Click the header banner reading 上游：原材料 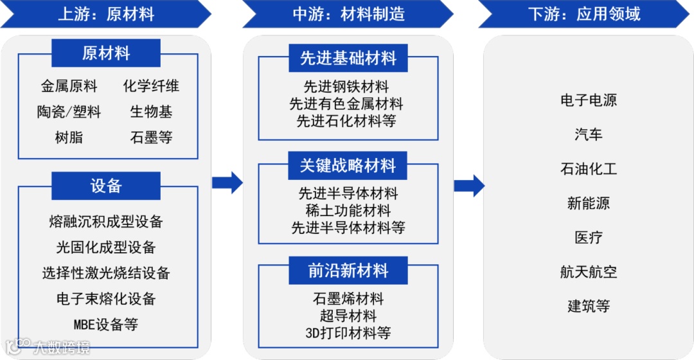click(x=106, y=14)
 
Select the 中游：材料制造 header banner click(x=348, y=14)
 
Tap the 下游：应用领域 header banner click(x=583, y=14)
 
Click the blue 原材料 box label click(x=106, y=53)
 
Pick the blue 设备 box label click(x=106, y=186)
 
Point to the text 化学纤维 click(x=151, y=86)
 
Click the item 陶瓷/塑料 click(x=69, y=112)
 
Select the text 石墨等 click(x=151, y=138)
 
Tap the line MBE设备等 click(x=106, y=324)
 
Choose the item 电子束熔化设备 click(x=106, y=298)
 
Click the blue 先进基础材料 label click(x=348, y=59)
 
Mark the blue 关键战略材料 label click(x=348, y=166)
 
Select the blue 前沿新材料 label click(x=348, y=271)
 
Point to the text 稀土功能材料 click(x=348, y=210)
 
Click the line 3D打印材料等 click(x=348, y=332)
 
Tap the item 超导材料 click(x=348, y=316)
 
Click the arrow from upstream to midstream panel click(x=227, y=183)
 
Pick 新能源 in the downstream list click(x=589, y=203)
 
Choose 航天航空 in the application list click(x=589, y=272)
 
